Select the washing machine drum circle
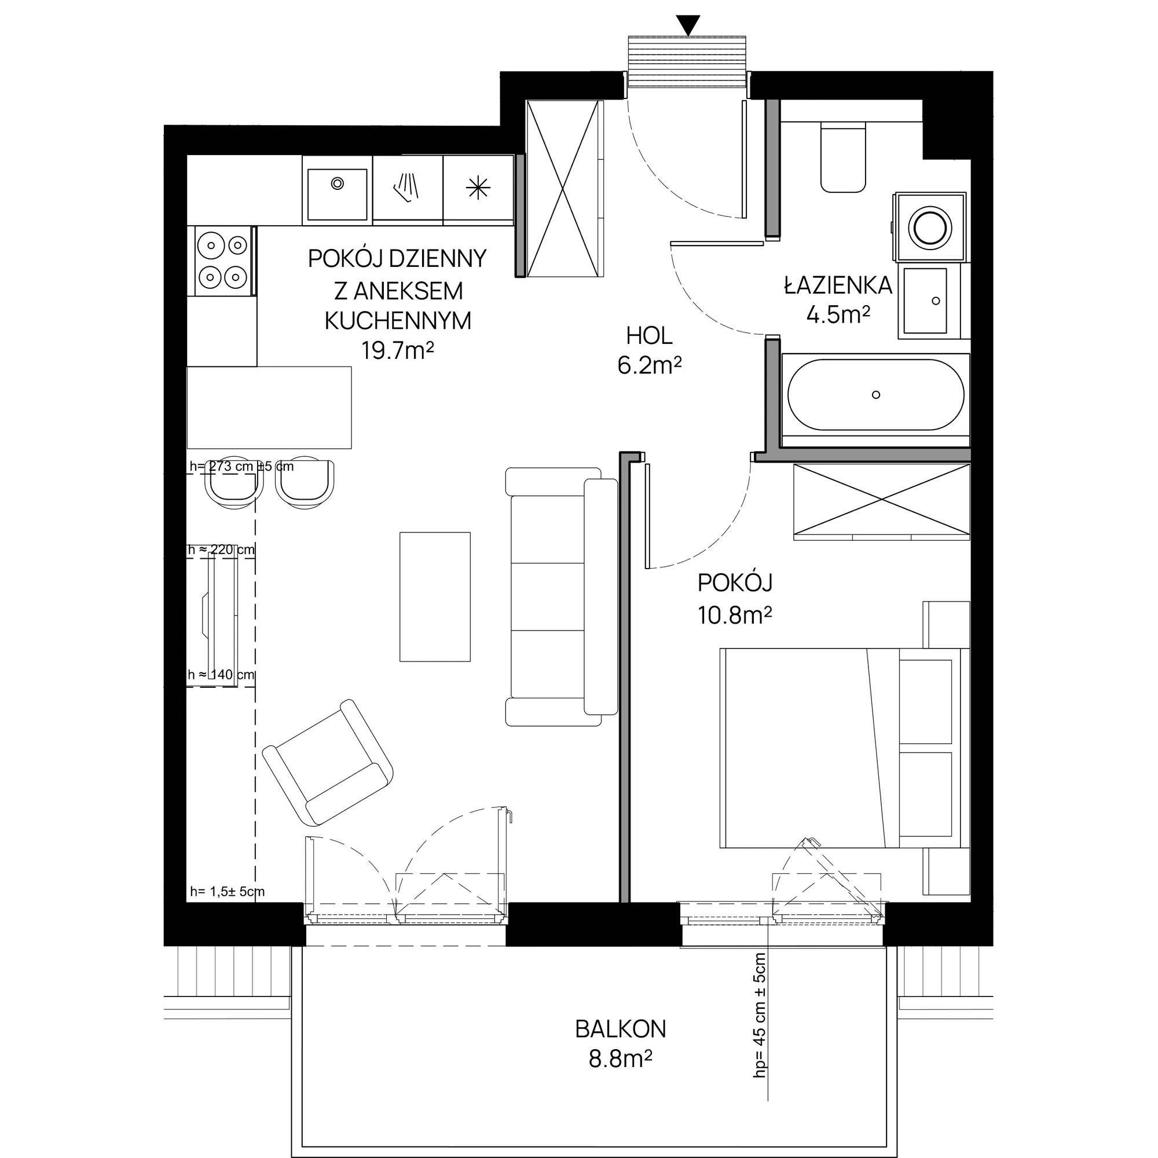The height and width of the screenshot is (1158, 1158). pos(930,227)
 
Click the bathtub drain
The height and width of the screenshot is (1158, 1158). pos(876,394)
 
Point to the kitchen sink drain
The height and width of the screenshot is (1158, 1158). pos(338,183)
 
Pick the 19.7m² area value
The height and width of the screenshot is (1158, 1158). pos(397,350)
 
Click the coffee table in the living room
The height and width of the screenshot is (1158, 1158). pos(435,596)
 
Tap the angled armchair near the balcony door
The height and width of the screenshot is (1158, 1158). pos(328,762)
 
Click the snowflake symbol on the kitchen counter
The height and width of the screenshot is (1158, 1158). pos(478,188)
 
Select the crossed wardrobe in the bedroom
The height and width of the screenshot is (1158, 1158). pos(881,499)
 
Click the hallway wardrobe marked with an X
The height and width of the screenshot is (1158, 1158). pos(563,188)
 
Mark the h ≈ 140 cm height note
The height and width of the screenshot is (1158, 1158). pos(221,675)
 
